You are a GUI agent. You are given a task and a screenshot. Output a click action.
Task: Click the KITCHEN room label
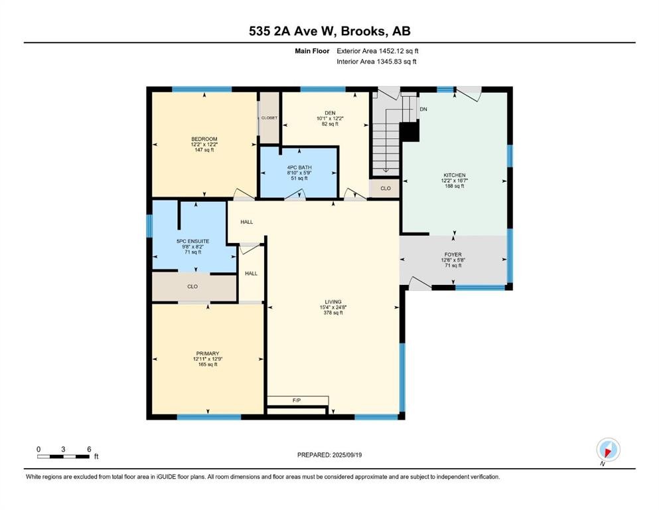[455, 175]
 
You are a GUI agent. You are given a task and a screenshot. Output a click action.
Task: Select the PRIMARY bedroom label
[207, 353]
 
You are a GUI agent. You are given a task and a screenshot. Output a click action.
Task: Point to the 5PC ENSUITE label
[193, 241]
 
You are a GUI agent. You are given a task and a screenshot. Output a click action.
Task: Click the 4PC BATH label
[299, 167]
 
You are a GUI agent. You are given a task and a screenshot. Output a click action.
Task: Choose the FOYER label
[453, 254]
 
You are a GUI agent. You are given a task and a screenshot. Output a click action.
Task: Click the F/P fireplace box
[297, 400]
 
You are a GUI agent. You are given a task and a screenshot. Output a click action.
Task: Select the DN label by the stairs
[423, 110]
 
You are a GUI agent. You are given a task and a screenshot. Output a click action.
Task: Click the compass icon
[608, 450]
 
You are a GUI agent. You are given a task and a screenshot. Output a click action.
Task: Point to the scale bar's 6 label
[88, 449]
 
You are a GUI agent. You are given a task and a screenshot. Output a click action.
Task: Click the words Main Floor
[312, 50]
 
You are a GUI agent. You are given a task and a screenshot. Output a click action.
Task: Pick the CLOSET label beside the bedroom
[269, 118]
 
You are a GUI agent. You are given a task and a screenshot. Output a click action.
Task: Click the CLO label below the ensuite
[192, 286]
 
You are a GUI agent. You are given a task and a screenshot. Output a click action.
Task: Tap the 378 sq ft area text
[332, 313]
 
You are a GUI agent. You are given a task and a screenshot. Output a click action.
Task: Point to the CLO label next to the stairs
[385, 189]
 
